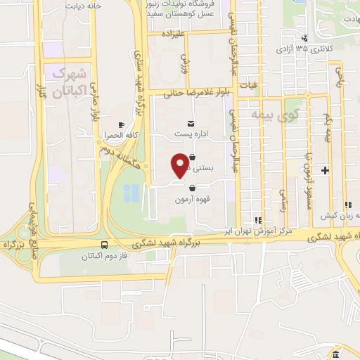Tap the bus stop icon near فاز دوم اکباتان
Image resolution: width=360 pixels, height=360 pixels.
coord(105,245)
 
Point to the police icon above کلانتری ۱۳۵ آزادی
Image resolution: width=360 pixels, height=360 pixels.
coord(304,39)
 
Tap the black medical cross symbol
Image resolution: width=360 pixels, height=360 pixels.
coord(325,170)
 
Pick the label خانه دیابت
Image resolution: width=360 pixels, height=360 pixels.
coord(84,6)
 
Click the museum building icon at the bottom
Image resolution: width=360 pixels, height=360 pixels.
coord(336,354)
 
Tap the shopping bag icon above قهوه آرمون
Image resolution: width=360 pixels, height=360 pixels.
coord(192,187)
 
